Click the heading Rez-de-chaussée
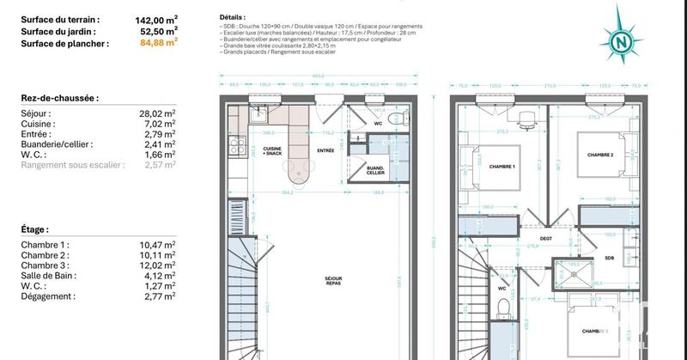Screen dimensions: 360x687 tap(59, 99)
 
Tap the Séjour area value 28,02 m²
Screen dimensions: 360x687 tap(157, 113)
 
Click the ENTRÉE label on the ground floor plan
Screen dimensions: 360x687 tap(325, 149)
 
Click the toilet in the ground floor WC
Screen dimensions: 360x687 tap(393, 119)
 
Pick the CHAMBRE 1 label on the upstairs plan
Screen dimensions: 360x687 tap(502, 167)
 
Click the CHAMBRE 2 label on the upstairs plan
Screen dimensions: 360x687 tap(600, 156)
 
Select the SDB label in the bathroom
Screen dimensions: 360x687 tap(610, 258)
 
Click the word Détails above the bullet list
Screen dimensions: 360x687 tap(231, 17)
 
